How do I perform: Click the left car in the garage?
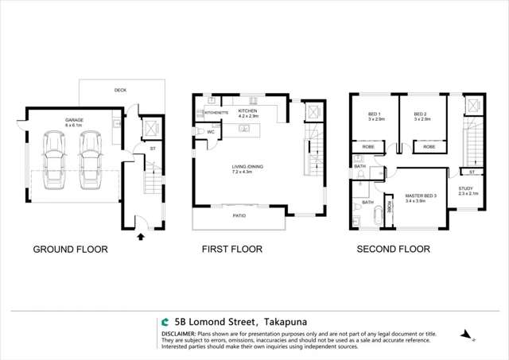[x=56, y=159]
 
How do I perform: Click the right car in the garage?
[x=89, y=159]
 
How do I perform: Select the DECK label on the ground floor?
[x=120, y=91]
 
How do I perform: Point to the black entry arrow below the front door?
[x=142, y=236]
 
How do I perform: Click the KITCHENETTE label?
[x=217, y=113]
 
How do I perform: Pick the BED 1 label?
[x=375, y=113]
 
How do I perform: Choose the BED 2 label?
[x=422, y=113]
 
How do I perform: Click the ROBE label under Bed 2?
[x=429, y=147]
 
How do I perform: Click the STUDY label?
[x=466, y=188]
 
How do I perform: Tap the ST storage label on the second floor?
[x=472, y=171]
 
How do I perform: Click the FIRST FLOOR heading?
[x=231, y=249]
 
